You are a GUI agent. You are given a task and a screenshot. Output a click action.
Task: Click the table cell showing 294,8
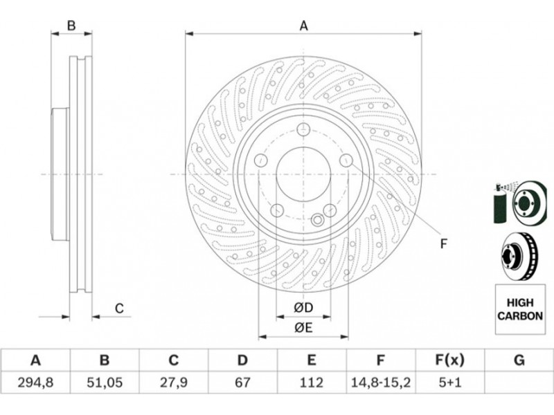tap(35, 382)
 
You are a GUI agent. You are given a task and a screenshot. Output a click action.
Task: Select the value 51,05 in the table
tap(105, 382)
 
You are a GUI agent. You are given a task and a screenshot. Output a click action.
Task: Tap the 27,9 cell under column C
tap(174, 382)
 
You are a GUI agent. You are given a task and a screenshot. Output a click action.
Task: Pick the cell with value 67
tap(242, 382)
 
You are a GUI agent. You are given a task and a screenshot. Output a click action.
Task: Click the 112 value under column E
tap(311, 382)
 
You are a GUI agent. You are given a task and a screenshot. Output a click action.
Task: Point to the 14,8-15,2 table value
tap(380, 382)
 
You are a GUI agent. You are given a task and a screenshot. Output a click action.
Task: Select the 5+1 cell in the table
tap(449, 382)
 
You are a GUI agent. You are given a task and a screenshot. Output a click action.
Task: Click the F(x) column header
tap(449, 360)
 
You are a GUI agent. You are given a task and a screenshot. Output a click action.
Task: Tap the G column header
tap(519, 360)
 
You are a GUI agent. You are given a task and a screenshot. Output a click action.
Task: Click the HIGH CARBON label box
tap(520, 309)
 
